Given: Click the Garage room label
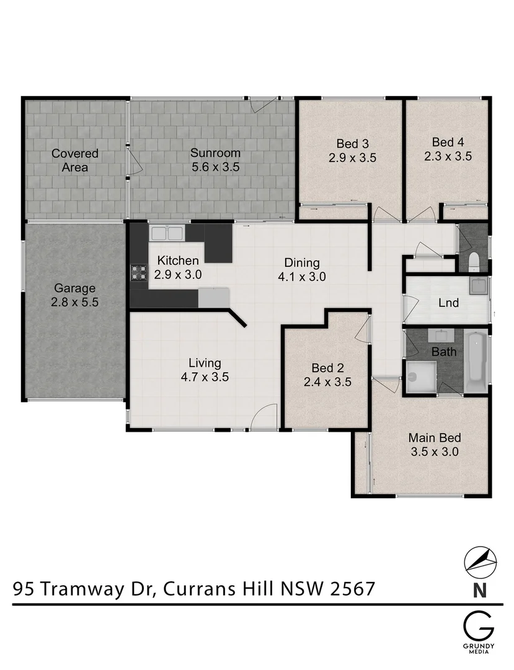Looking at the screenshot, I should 74,288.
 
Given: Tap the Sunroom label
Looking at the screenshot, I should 215,153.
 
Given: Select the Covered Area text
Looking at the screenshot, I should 74,160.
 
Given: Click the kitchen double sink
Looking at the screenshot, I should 167,234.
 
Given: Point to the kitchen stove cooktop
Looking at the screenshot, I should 138,274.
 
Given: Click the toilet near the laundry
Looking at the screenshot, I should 474,262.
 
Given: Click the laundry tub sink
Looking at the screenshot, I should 477,286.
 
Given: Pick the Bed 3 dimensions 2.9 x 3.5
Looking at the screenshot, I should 352,158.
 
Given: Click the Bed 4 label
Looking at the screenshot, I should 448,141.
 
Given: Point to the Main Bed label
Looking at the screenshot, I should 434,437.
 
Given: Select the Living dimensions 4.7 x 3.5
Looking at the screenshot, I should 205,377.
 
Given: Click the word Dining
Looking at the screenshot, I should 302,262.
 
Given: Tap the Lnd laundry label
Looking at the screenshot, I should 448,303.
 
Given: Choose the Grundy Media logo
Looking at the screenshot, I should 479,632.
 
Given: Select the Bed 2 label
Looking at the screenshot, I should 327,367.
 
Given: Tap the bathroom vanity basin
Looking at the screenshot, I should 441,336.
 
